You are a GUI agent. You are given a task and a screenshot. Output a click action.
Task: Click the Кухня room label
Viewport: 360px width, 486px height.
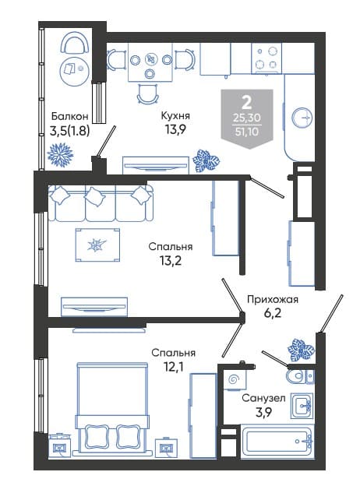[x=175, y=115]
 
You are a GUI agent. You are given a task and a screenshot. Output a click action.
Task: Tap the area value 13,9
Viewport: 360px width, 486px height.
[x=175, y=129]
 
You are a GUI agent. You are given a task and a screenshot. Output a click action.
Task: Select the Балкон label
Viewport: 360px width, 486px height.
[x=70, y=116]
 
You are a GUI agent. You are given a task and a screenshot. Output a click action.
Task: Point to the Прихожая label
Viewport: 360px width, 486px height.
[x=273, y=300]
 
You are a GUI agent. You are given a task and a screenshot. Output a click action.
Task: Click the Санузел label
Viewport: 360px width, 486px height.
[x=263, y=398]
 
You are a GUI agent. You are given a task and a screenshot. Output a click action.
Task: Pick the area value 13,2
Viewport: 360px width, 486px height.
[x=171, y=261]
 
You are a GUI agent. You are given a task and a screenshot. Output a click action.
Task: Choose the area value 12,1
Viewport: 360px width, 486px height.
[x=173, y=367]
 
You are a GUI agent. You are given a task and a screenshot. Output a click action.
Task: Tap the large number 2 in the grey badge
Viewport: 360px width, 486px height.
[x=247, y=102]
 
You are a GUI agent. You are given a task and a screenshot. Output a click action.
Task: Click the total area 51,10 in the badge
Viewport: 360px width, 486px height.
[x=247, y=132]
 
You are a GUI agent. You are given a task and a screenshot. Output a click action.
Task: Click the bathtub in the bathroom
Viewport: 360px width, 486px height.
[x=277, y=441]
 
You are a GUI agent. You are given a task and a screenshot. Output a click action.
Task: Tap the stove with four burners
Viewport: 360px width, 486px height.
[x=266, y=58]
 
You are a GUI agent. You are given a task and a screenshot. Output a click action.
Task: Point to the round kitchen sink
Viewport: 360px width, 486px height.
[x=302, y=118]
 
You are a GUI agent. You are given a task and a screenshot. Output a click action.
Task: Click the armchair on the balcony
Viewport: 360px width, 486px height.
[x=75, y=44]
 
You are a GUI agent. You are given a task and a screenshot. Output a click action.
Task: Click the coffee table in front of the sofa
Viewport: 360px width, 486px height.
[x=97, y=245]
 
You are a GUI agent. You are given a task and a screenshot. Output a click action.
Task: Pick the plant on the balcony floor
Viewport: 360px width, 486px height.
[x=60, y=155]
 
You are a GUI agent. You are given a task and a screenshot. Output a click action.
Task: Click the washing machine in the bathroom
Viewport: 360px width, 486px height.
[x=235, y=379]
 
